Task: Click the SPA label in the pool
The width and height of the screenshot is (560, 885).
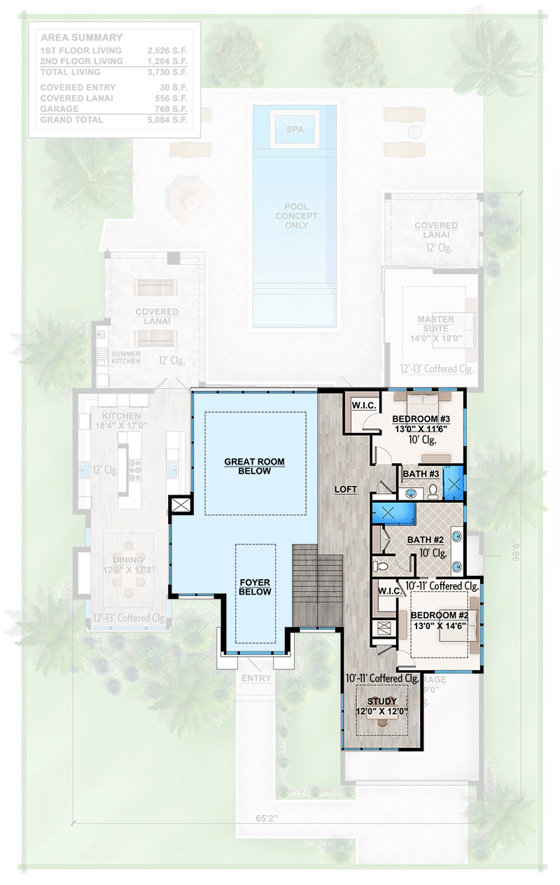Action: click(294, 129)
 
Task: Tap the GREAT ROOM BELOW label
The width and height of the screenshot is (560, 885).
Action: click(255, 466)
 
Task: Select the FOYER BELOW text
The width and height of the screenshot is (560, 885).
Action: click(254, 586)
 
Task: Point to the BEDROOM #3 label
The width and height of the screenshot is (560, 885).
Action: click(417, 419)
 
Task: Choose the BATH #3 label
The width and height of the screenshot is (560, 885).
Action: click(421, 474)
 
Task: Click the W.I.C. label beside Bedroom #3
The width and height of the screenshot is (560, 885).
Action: click(363, 404)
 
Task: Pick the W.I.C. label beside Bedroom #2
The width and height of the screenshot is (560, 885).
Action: click(388, 591)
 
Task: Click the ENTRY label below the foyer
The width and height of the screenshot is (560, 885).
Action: click(255, 679)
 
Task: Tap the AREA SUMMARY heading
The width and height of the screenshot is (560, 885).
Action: click(81, 38)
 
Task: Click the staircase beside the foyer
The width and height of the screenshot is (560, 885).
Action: click(318, 585)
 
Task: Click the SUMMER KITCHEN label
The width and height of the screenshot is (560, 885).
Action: click(126, 358)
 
